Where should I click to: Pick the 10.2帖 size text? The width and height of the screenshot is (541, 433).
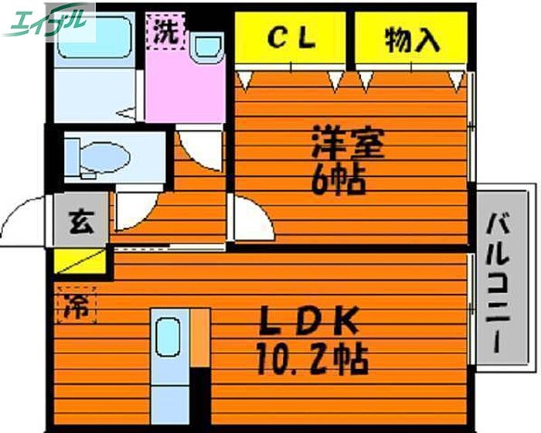310,357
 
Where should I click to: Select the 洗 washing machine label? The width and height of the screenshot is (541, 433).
163,32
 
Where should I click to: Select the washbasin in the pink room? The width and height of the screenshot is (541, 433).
206,48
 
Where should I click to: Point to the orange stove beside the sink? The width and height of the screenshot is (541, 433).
200,338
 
